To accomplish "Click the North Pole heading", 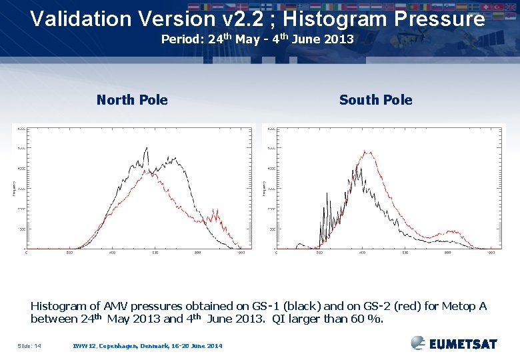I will [132, 100].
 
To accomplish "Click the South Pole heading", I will [375, 100].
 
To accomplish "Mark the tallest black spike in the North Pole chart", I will [146, 149].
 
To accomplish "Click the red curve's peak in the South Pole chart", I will [364, 152].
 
